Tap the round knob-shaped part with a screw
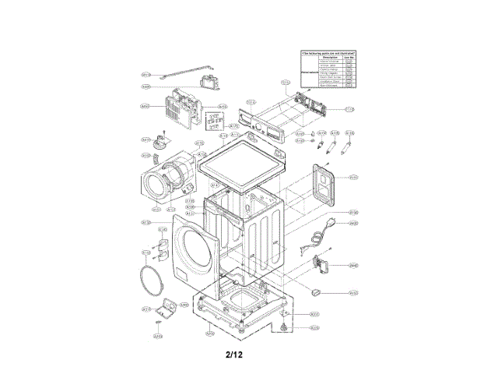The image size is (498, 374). point(163,142)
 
